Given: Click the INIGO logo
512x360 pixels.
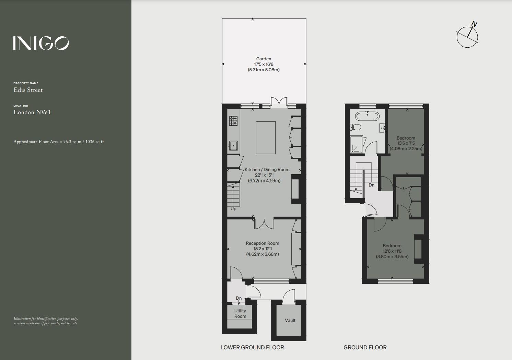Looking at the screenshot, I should pos(41,43).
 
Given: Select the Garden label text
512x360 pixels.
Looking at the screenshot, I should pos(264,59).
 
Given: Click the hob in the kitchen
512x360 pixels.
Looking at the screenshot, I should pos(233,121).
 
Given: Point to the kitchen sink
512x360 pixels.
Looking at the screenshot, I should pos(233,146).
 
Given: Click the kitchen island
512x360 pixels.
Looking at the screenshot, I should pos(266,137).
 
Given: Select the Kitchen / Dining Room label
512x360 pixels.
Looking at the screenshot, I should pos(267,170).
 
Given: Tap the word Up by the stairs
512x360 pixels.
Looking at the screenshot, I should pos(233,209).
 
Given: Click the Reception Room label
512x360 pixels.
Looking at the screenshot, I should pos(262,243).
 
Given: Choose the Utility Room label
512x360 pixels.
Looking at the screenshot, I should pos(240,314).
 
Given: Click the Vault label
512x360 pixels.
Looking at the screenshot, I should pos(290,321).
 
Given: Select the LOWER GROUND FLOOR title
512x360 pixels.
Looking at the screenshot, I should pos(252,348).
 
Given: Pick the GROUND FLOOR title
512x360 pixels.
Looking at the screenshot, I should pos(365,348).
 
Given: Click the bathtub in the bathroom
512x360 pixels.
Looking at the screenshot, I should pos(367,116).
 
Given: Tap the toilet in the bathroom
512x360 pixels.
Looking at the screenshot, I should pos(356,128).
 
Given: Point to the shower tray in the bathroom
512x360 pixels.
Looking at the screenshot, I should pos(358,144).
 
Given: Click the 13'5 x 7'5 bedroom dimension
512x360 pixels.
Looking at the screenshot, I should pos(406,143).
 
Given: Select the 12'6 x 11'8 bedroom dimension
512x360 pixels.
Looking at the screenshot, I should pos(392,251).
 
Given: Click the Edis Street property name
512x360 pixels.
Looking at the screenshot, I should pos(28,90).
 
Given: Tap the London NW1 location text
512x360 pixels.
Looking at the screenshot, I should pos(32,112).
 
